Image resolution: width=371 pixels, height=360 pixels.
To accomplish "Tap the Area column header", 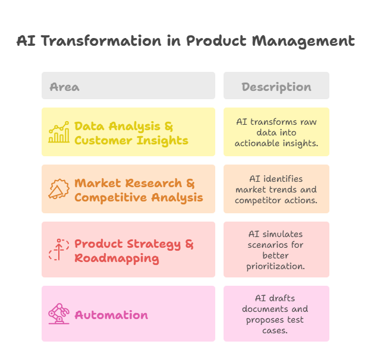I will click(x=64, y=87).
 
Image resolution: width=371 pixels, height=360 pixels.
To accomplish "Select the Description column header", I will click(x=276, y=87).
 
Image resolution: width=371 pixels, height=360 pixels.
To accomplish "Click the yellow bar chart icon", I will click(x=59, y=132).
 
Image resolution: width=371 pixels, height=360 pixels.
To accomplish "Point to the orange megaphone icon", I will click(x=59, y=190).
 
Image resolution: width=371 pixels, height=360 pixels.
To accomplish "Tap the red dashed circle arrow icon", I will click(x=59, y=250).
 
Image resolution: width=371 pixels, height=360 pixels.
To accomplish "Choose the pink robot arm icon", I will click(x=59, y=314).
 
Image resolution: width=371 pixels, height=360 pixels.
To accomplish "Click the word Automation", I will click(x=111, y=315).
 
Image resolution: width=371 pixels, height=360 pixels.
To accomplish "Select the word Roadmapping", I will click(x=117, y=258).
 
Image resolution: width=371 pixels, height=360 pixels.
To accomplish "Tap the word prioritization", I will click(x=276, y=266).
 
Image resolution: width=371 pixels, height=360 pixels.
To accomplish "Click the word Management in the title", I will click(x=303, y=41).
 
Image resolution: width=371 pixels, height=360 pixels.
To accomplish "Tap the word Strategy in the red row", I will click(x=147, y=244).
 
